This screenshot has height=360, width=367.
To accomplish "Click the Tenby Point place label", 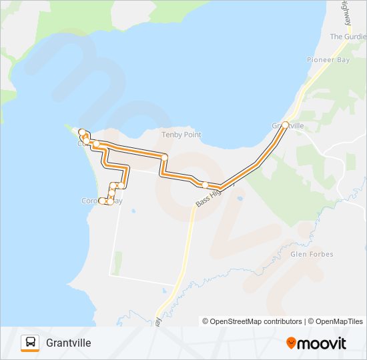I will [x=181, y=135].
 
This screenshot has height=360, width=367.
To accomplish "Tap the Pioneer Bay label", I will [x=329, y=60].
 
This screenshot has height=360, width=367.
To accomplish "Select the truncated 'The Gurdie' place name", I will [x=348, y=37].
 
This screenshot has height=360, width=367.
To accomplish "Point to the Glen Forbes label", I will [x=312, y=254].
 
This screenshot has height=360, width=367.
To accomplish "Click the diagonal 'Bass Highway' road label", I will [x=214, y=194].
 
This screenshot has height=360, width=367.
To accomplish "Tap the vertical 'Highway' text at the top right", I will [x=346, y=11].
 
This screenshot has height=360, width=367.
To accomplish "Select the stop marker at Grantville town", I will [x=285, y=125].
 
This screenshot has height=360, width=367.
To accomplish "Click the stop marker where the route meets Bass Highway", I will [x=206, y=185].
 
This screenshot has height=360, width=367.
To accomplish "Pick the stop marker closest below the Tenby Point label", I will [x=164, y=157].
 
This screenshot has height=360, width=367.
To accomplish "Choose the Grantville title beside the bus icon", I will [x=69, y=343].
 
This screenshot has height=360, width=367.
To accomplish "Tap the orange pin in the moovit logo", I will [x=292, y=343].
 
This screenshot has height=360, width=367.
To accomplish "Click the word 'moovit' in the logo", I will [x=322, y=343].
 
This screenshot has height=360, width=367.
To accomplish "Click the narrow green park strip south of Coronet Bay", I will [x=118, y=263].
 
